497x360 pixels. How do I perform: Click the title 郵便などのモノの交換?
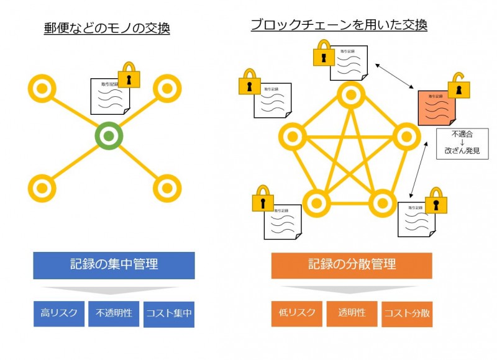pos(107,29)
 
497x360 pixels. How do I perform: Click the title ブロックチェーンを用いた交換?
pos(339,25)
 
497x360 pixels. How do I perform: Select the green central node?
pos(109,136)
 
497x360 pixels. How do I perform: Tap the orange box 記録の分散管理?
pos(352,265)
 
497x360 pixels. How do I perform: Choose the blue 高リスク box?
pos(58,313)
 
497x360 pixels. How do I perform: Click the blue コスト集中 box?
pos(169,314)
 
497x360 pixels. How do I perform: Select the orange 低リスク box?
pos(296,313)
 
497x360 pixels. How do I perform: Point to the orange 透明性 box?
pos(352,313)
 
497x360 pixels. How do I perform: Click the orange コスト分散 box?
pos(407,314)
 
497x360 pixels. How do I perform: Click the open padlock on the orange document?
pos(459,86)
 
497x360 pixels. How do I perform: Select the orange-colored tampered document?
pos(437,108)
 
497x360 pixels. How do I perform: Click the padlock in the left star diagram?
pos(129,75)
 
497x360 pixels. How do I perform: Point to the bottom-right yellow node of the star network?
pos(166,187)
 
